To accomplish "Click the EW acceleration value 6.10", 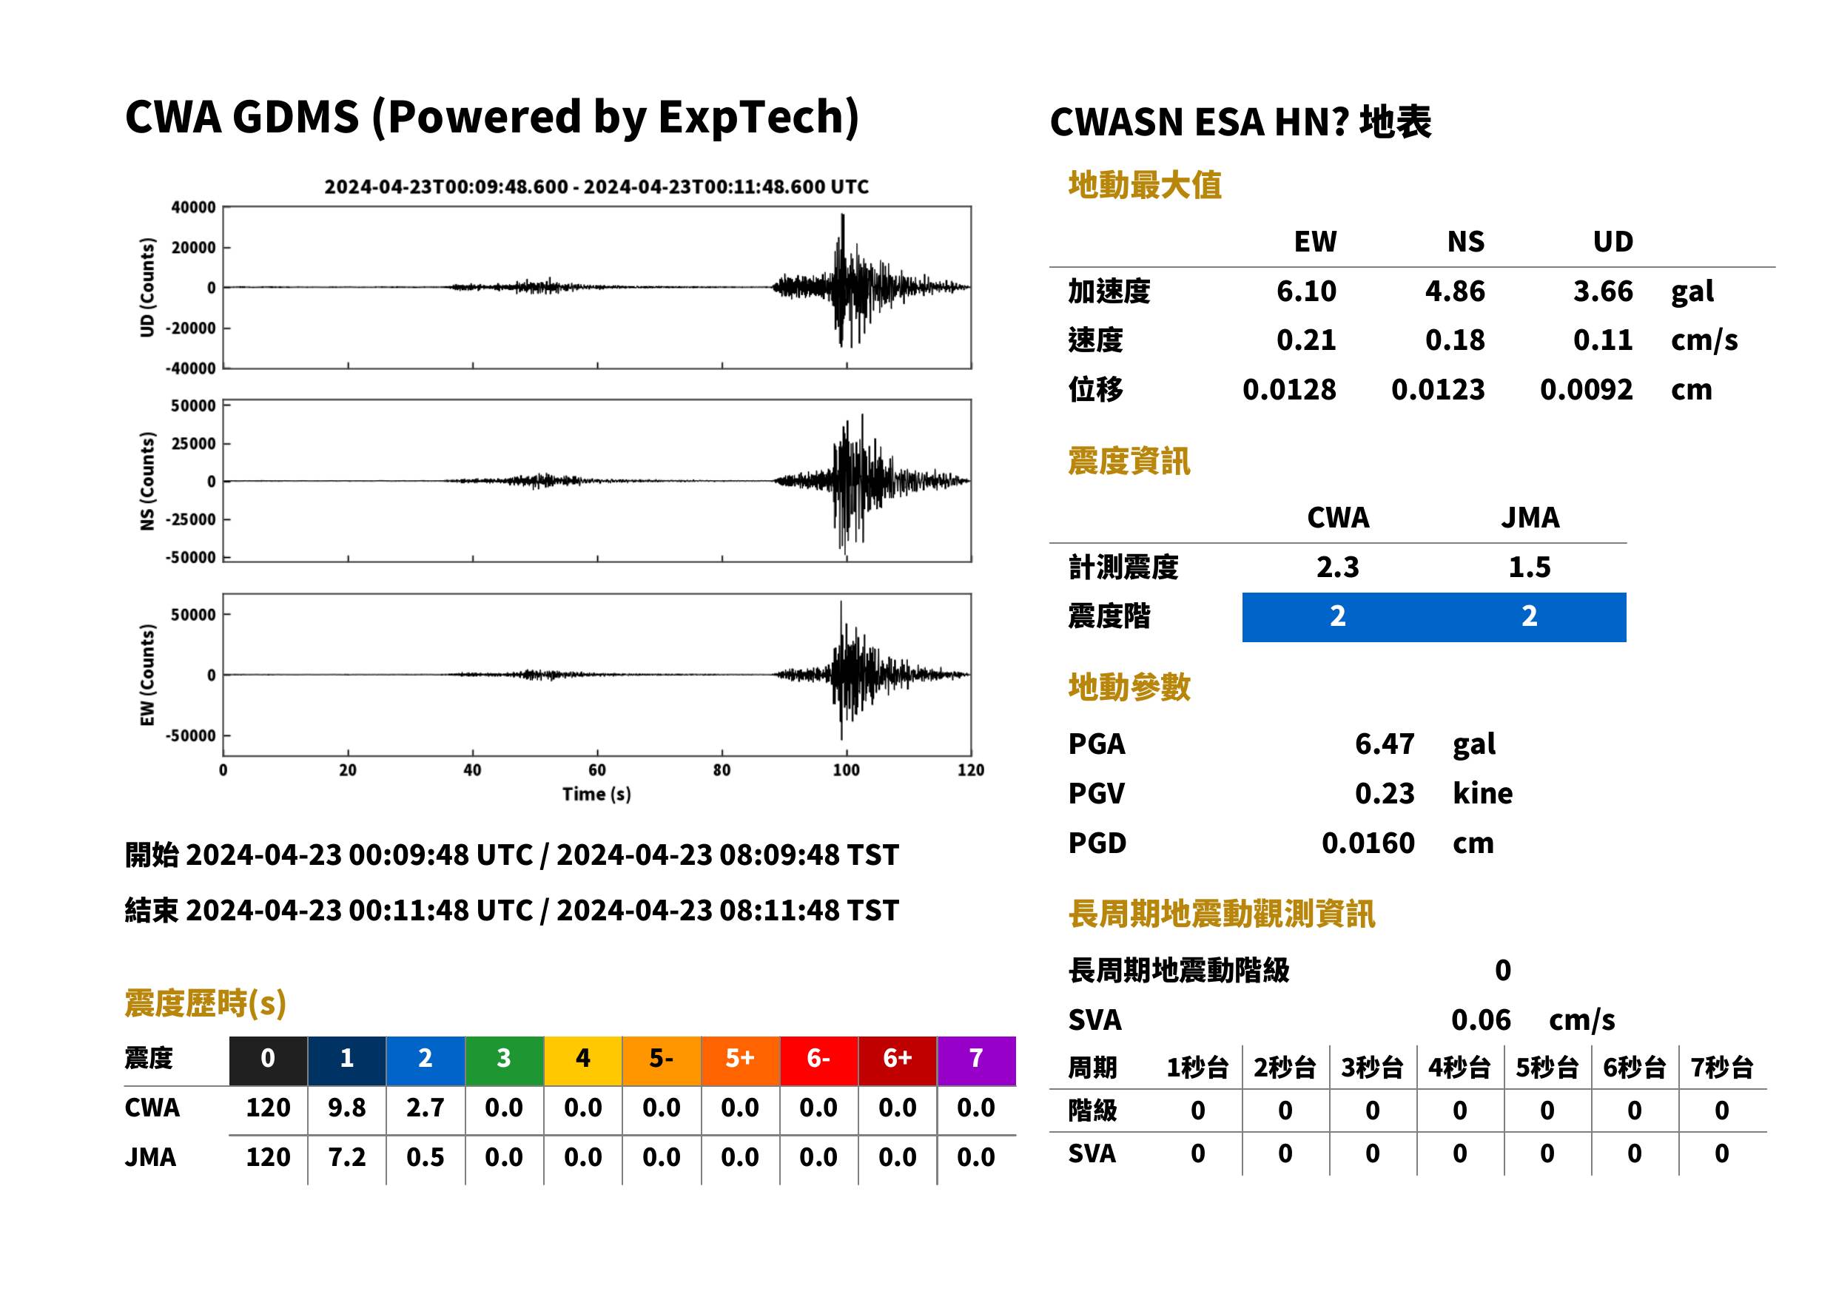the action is pyautogui.click(x=1305, y=291).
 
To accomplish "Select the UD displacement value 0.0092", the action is pyautogui.click(x=1586, y=389).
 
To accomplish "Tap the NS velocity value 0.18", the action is pyautogui.click(x=1454, y=340).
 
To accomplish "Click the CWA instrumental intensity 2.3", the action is pyautogui.click(x=1337, y=567).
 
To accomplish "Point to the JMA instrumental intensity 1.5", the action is pyautogui.click(x=1529, y=567).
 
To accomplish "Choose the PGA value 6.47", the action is pyautogui.click(x=1384, y=744).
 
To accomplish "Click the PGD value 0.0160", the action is pyautogui.click(x=1368, y=843).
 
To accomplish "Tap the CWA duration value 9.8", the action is pyautogui.click(x=346, y=1108).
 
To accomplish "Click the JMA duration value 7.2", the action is pyautogui.click(x=346, y=1157).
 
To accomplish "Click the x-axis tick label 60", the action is pyautogui.click(x=596, y=769).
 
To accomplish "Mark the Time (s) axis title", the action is pyautogui.click(x=596, y=794).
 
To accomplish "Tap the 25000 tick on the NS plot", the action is pyautogui.click(x=193, y=443).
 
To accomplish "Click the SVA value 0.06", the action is pyautogui.click(x=1481, y=1020).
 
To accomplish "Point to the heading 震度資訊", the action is pyautogui.click(x=1129, y=461).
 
